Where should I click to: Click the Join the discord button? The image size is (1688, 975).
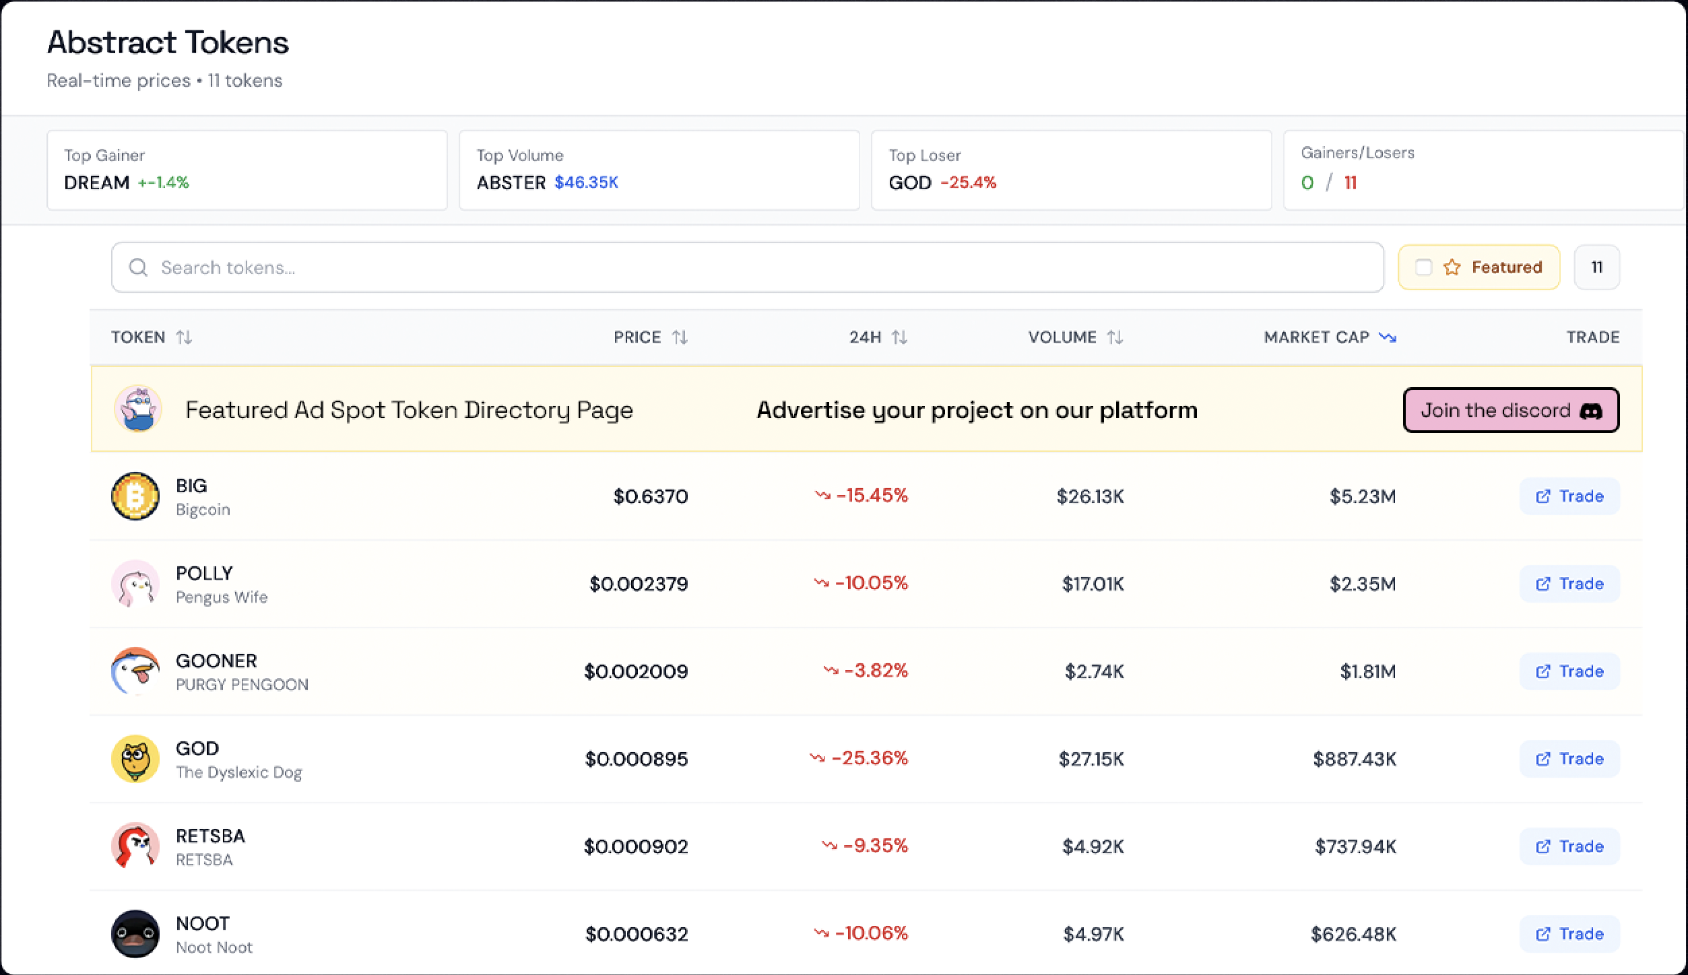coord(1511,410)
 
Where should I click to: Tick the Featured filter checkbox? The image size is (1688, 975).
coord(1423,267)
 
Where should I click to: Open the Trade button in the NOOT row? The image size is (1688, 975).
coord(1569,934)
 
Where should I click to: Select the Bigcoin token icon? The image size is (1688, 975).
coord(135,496)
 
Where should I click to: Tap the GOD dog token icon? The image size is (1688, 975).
coord(135,759)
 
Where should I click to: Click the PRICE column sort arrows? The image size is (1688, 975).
coord(680,337)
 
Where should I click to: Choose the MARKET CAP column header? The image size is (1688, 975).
coord(1316,337)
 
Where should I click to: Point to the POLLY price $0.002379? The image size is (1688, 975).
coord(639,584)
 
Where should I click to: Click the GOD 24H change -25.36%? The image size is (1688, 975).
coord(870,758)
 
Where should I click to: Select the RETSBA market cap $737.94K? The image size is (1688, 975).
coord(1355,846)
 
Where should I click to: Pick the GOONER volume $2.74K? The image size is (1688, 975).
coord(1094,671)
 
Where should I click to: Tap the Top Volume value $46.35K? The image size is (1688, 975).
coord(586,182)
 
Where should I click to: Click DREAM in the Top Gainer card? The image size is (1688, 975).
coord(97,182)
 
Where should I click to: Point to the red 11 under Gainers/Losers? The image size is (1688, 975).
coord(1350,182)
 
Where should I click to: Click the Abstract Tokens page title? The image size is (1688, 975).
coord(168,42)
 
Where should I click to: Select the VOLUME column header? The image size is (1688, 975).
coord(1062,337)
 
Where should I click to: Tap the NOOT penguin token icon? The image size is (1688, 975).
coord(135,934)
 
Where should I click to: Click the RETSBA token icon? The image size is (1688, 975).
coord(135,846)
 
